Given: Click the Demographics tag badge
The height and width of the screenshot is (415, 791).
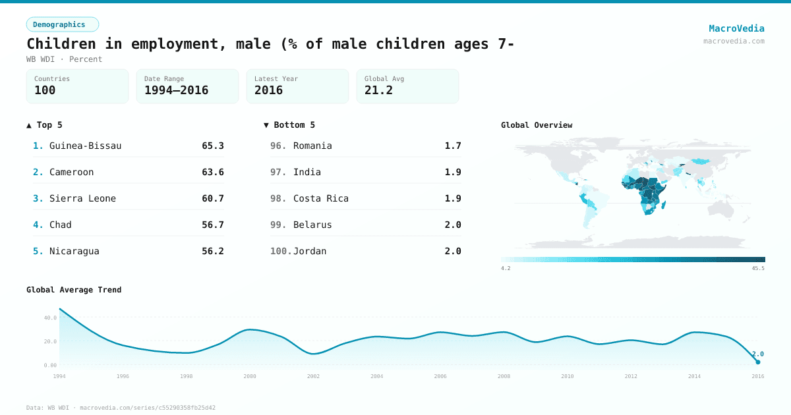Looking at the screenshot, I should pyautogui.click(x=62, y=24).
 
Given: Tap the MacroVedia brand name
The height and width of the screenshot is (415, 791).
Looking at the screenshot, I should pyautogui.click(x=736, y=28).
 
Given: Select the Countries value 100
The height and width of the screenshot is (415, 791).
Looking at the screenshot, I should pyautogui.click(x=45, y=90).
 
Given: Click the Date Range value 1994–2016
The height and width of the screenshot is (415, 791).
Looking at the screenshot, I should pyautogui.click(x=176, y=90).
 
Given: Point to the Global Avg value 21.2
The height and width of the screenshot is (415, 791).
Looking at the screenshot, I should pyautogui.click(x=378, y=90).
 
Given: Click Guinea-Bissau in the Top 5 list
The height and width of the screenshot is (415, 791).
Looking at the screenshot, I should pyautogui.click(x=85, y=146).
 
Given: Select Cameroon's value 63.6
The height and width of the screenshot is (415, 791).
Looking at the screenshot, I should pyautogui.click(x=212, y=172).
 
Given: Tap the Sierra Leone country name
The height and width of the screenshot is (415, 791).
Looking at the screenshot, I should pyautogui.click(x=82, y=198).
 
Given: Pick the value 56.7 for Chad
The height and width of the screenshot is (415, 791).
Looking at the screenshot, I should pyautogui.click(x=212, y=225).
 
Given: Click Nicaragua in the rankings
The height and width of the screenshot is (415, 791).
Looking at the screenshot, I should pyautogui.click(x=74, y=251).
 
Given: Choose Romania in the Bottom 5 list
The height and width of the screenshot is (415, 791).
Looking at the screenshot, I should pyautogui.click(x=312, y=146).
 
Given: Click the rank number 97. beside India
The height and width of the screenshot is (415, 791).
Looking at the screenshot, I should pyautogui.click(x=278, y=172).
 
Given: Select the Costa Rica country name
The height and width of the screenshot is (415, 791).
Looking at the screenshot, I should pyautogui.click(x=321, y=198).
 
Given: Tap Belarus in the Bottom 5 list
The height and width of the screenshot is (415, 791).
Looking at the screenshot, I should pyautogui.click(x=312, y=225).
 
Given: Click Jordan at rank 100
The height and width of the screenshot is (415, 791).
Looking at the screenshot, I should pyautogui.click(x=310, y=251).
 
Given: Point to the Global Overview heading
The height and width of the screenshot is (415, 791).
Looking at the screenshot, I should pyautogui.click(x=537, y=125).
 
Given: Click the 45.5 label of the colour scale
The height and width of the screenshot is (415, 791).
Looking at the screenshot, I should pyautogui.click(x=758, y=269).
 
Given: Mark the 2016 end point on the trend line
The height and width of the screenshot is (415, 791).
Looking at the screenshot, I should pyautogui.click(x=758, y=362).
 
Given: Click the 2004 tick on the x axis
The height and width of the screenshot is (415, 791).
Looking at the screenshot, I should pyautogui.click(x=376, y=376).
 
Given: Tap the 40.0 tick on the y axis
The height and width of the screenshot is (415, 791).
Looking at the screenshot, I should pyautogui.click(x=50, y=318).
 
